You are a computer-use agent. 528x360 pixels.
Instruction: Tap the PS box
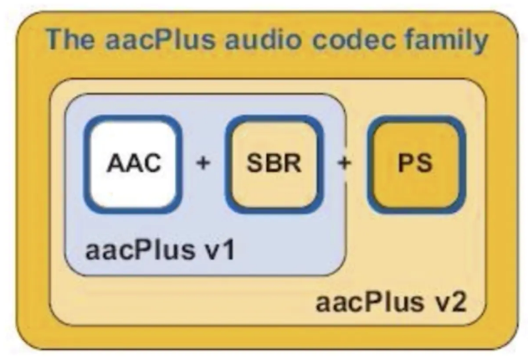(x=414, y=162)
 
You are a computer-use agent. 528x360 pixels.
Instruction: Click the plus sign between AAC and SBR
(x=202, y=162)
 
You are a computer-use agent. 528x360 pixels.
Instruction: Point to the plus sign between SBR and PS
(x=344, y=162)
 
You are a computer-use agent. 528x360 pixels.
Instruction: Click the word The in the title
(x=66, y=39)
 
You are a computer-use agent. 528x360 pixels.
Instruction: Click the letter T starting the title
(x=52, y=39)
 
